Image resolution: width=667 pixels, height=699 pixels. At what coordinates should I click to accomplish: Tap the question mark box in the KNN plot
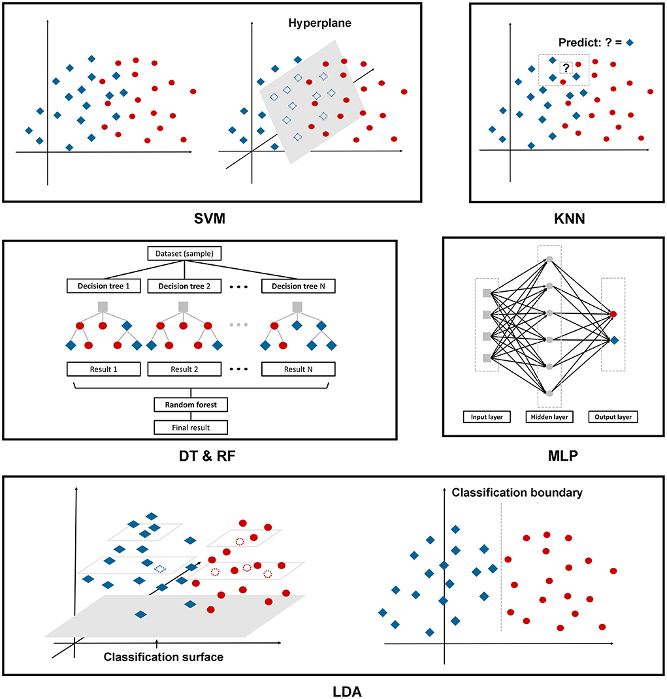566,67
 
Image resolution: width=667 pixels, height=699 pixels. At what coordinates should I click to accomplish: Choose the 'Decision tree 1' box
103,286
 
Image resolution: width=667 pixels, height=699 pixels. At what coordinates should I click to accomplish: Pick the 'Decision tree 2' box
185,286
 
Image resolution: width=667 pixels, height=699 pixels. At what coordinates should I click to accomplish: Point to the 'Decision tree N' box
298,286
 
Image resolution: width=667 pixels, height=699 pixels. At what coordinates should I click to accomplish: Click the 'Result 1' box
103,369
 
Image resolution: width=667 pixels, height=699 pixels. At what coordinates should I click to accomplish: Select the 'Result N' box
298,369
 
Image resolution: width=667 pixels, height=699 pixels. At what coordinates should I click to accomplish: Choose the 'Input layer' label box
486,416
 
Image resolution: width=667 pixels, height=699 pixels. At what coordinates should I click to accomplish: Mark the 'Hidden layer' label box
549,416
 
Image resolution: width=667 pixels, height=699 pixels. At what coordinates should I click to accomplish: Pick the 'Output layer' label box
613,416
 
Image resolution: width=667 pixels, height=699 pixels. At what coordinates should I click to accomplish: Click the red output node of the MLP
613,315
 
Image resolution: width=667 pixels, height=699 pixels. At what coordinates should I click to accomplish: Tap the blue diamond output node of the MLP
614,339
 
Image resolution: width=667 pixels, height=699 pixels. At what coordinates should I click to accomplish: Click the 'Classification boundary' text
517,493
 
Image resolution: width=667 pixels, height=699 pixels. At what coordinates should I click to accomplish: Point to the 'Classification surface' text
163,657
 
